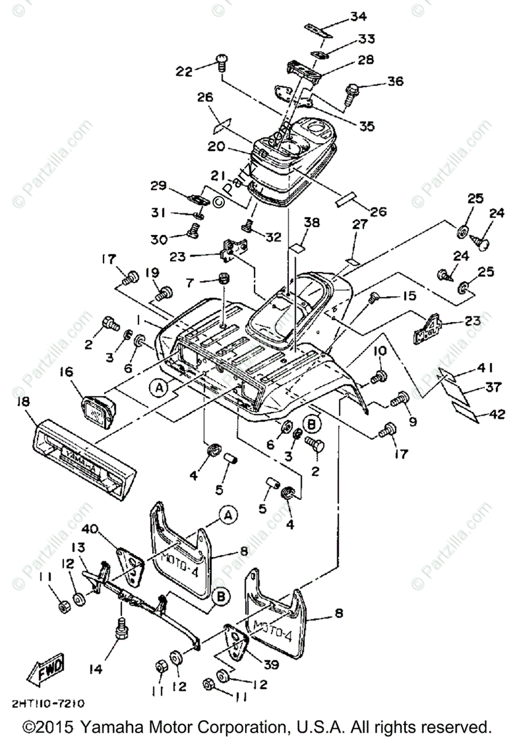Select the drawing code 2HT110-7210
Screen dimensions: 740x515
coord(47,703)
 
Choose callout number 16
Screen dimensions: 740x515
coord(66,372)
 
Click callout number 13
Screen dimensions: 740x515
coord(80,548)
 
